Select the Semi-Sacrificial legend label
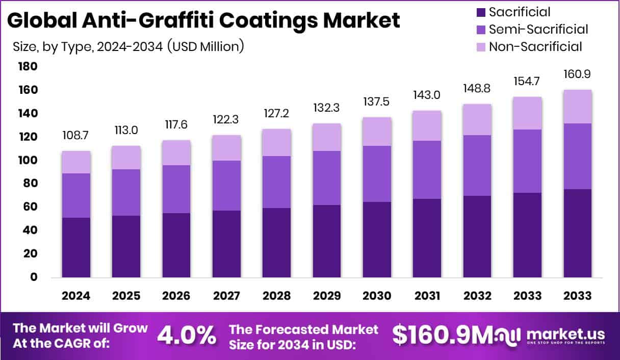coord(538,30)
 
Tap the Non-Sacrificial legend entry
coord(535,47)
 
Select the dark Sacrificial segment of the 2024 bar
coord(76,247)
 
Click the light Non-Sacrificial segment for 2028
coord(276,142)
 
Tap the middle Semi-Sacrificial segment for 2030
coord(377,174)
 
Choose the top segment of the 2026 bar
coord(176,152)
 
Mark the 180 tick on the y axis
coord(28,67)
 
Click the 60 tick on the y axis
coord(30,207)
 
